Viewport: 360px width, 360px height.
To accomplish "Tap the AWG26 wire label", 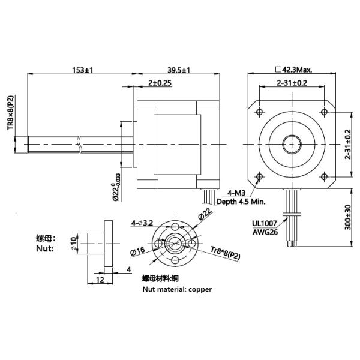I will (265, 232).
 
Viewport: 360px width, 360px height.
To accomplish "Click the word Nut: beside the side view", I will (45, 248).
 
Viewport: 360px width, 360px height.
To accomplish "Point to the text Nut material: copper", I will (177, 289).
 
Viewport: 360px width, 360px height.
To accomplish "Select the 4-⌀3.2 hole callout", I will (143, 223).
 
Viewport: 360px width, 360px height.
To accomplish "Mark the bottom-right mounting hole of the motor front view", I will (325, 176).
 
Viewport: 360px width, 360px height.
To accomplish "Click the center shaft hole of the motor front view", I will (292, 143).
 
